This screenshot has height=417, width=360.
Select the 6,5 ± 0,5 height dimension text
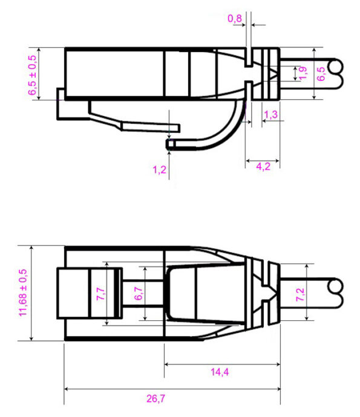pos(32,74)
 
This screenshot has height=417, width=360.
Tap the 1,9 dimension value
pos(303,73)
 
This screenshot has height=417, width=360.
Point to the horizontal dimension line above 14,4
pos(221,364)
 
